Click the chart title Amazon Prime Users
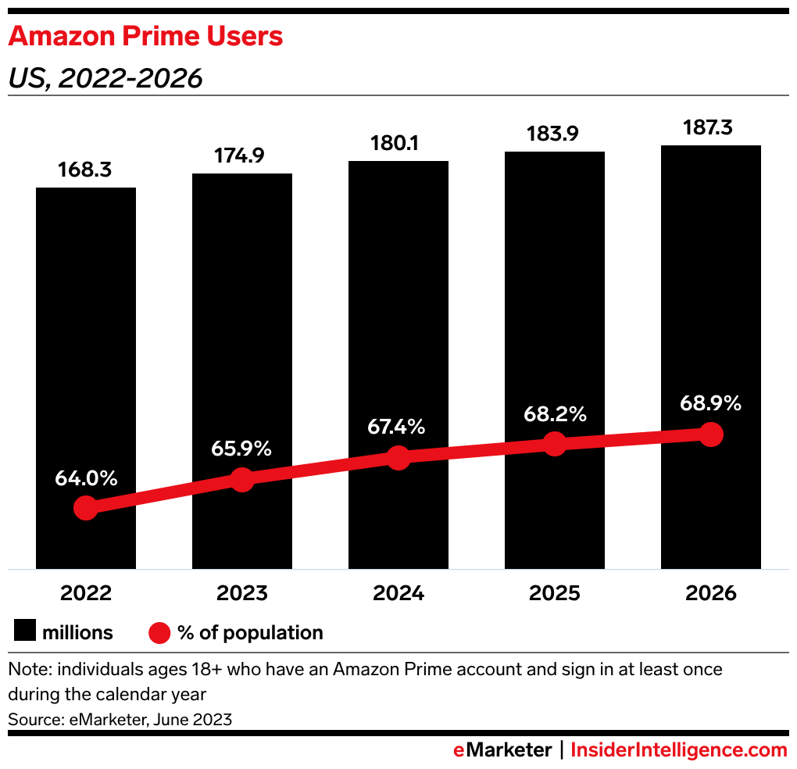(x=146, y=36)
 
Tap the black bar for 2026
(x=711, y=313)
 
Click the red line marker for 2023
(x=242, y=480)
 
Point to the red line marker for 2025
(x=555, y=444)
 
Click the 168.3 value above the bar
(x=86, y=170)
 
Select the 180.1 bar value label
(x=398, y=144)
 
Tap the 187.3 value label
(x=711, y=127)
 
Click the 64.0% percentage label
(x=86, y=478)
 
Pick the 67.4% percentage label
(x=398, y=427)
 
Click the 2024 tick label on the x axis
(x=398, y=593)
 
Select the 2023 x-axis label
(x=242, y=593)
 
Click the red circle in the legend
(x=159, y=632)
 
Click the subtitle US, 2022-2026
(x=105, y=78)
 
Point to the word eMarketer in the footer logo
(x=503, y=750)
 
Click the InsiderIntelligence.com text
(x=679, y=750)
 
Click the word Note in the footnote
(x=26, y=670)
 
